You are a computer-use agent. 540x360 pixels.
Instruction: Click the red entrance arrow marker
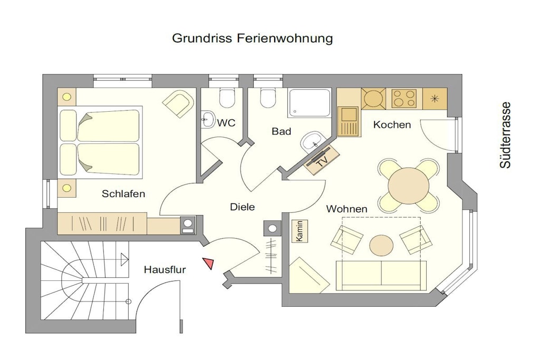point(209,264)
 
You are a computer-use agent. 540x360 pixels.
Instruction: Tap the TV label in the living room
point(322,161)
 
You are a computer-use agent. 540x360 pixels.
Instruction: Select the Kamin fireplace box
point(300,231)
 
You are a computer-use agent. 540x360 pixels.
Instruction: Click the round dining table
point(409,186)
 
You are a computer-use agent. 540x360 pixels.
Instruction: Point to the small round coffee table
point(381,245)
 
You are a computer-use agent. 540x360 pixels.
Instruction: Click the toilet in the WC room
point(227,98)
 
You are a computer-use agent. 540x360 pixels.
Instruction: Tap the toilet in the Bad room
point(268,98)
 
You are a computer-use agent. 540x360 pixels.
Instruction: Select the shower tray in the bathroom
point(309,103)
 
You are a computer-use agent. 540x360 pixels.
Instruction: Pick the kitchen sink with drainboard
point(349,121)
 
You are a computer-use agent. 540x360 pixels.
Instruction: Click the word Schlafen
point(123,194)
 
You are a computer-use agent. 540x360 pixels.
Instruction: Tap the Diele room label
point(243,207)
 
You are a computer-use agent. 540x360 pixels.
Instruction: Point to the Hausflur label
point(165,269)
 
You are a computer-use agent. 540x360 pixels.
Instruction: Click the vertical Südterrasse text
point(505,135)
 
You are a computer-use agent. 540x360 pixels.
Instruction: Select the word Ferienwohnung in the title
point(284,38)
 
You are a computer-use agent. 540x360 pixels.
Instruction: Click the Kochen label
point(392,124)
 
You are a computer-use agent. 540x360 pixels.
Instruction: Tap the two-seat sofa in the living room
point(381,275)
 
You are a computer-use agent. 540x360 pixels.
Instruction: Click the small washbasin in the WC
point(208,120)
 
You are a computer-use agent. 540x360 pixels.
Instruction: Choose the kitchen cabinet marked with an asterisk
point(435,99)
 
